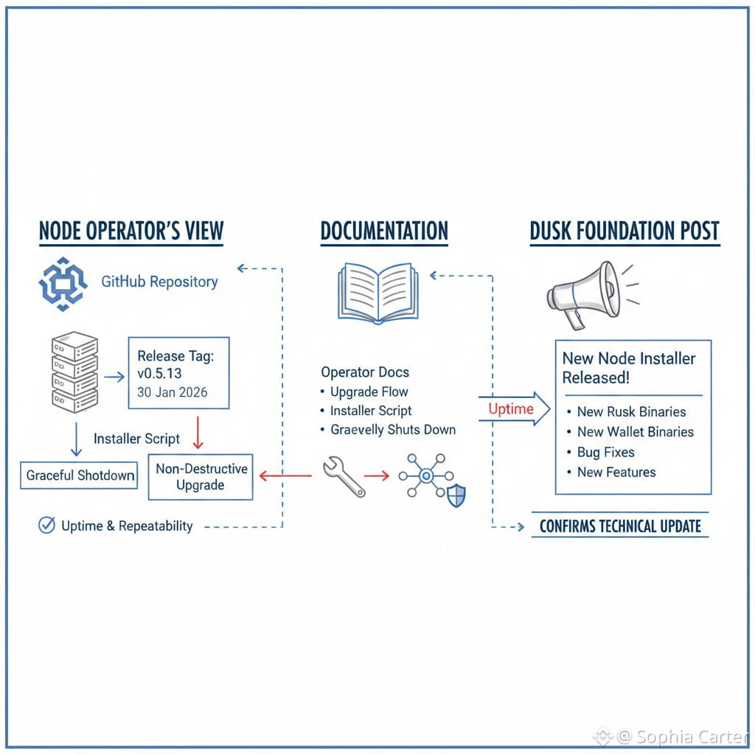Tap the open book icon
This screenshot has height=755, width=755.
[x=378, y=293]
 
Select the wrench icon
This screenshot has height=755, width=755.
[x=344, y=476]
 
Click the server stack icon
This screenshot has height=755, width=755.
[x=74, y=372]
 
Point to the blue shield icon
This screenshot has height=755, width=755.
[x=456, y=496]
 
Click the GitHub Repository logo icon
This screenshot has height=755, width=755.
[x=63, y=284]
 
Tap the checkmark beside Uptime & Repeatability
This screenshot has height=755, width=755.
[x=46, y=525]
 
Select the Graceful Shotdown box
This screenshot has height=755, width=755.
[x=79, y=476]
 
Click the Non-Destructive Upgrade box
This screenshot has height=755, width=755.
[x=201, y=477]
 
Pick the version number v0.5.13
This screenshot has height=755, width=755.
[x=159, y=373]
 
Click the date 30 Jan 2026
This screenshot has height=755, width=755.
[x=172, y=392]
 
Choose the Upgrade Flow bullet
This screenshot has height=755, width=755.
[x=364, y=392]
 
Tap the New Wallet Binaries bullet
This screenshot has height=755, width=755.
[x=631, y=432]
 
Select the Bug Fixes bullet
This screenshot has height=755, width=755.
[x=601, y=452]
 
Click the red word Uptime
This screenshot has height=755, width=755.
[x=511, y=409]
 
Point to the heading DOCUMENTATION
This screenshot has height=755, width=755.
[x=384, y=231]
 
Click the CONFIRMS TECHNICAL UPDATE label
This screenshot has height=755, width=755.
[x=620, y=526]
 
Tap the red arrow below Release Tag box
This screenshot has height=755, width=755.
[x=198, y=432]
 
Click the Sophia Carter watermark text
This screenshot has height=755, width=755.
[x=692, y=737]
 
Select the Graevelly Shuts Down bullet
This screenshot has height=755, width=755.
[x=388, y=430]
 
